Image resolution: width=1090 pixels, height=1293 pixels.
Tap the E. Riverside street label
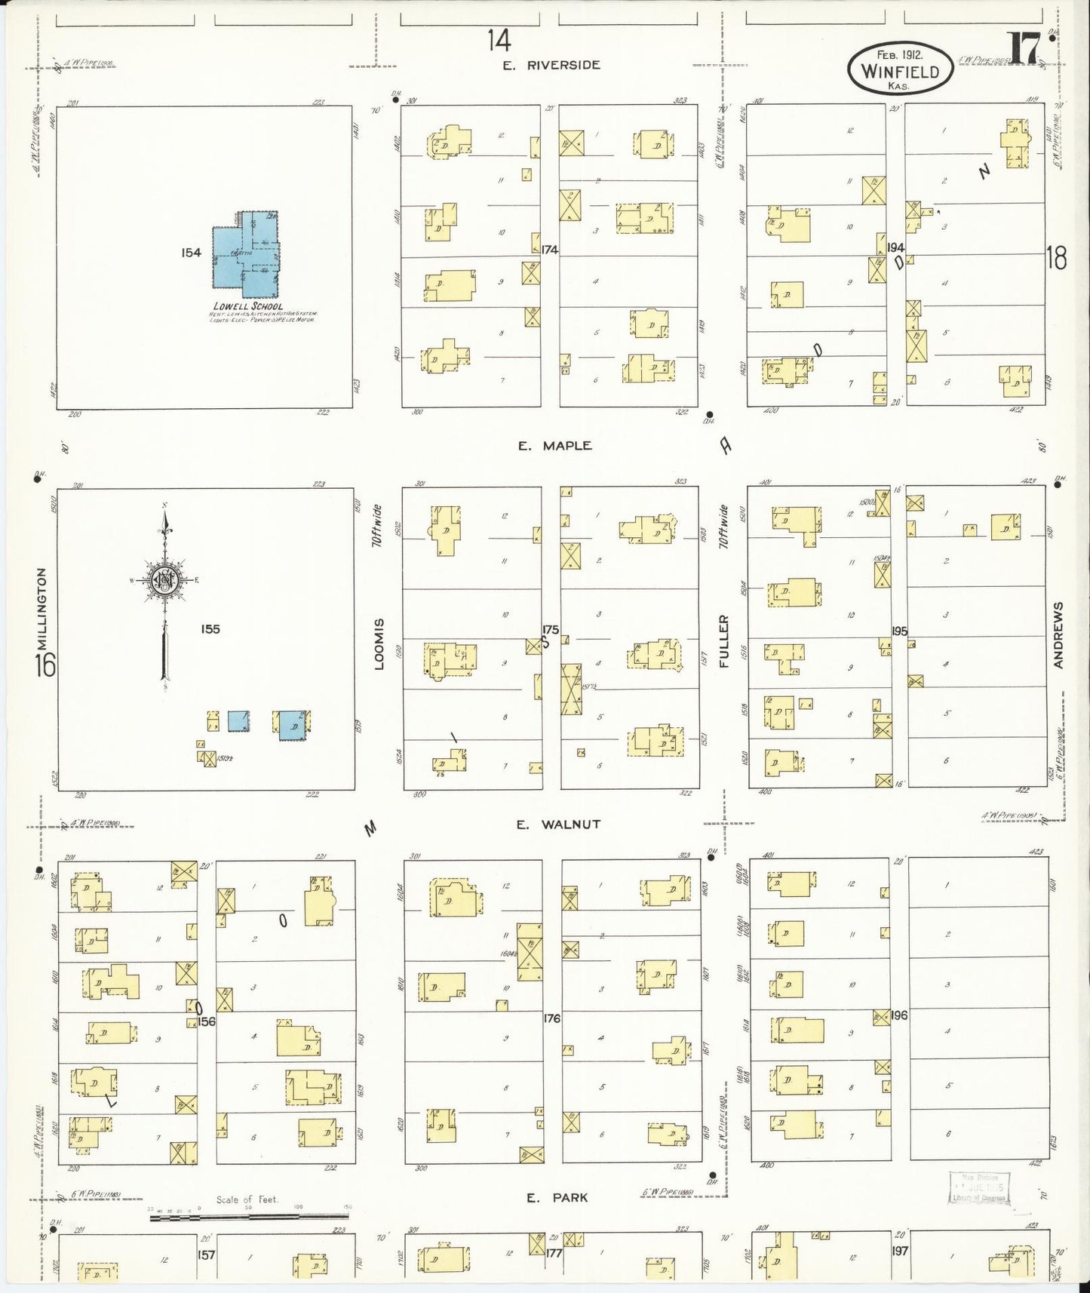point(553,66)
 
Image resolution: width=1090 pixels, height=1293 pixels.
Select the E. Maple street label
point(554,446)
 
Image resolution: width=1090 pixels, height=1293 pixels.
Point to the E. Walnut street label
point(557,825)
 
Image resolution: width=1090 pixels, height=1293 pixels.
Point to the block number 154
point(191,253)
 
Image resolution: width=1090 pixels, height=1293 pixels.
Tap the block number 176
point(551,1018)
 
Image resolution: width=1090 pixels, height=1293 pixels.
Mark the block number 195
point(899,631)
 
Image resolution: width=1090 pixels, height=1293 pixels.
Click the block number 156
point(206,1021)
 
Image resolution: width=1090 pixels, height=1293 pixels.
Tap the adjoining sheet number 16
point(45,666)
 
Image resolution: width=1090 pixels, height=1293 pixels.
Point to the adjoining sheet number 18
point(1056,259)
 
